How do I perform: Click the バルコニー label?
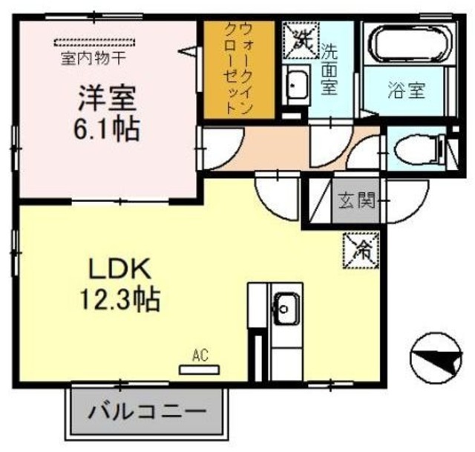[x=148, y=412]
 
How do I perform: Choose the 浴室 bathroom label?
[x=407, y=91]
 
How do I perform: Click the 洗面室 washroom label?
[x=330, y=68]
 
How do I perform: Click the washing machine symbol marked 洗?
[x=301, y=36]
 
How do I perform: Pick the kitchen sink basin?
[x=284, y=304]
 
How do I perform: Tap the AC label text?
[x=200, y=356]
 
